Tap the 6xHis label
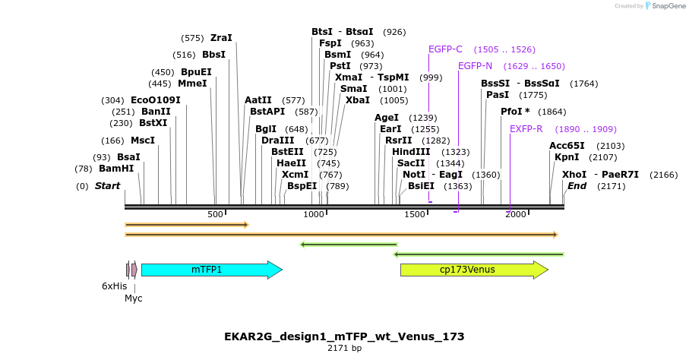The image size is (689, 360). [115, 286]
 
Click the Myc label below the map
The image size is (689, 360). [134, 298]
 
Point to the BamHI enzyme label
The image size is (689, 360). [116, 169]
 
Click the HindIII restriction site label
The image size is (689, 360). [411, 152]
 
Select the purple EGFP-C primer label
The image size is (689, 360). [445, 49]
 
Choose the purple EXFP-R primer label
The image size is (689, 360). [526, 129]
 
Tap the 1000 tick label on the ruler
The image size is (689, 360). [314, 215]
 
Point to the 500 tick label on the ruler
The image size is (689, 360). [216, 215]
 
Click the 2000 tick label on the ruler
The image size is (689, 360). [516, 215]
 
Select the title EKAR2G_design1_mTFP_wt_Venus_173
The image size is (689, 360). [344, 336]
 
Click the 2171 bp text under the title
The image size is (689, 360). [344, 349]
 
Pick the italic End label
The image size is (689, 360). [577, 186]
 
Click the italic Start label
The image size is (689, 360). [107, 186]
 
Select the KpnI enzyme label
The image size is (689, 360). [567, 157]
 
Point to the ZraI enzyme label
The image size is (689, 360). [221, 38]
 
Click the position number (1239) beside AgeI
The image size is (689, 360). [423, 118]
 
